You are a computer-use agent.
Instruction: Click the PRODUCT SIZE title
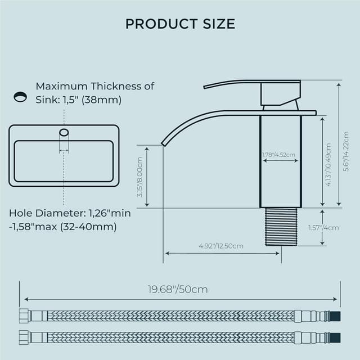pyautogui.click(x=180, y=24)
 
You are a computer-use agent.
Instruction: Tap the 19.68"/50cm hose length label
pyautogui.click(x=178, y=289)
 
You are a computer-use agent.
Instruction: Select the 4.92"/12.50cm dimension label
pyautogui.click(x=221, y=246)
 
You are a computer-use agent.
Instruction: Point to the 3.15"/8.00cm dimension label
pyautogui.click(x=140, y=177)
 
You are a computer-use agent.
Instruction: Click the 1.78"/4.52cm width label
pyautogui.click(x=279, y=155)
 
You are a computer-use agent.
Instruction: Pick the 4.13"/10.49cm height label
pyautogui.click(x=328, y=165)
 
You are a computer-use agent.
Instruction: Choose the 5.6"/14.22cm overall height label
pyautogui.click(x=346, y=151)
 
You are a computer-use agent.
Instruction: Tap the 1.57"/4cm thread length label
pyautogui.click(x=323, y=228)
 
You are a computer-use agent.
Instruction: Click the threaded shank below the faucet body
pyautogui.click(x=281, y=227)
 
